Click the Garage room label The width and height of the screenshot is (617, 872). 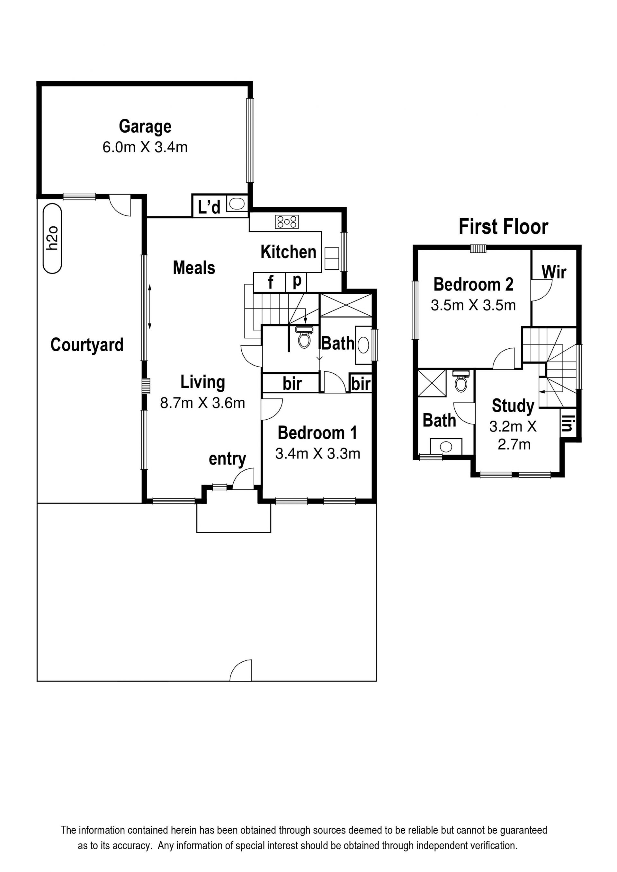(145, 127)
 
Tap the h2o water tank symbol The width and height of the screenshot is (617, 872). (52, 238)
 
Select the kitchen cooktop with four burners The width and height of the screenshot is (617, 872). (287, 222)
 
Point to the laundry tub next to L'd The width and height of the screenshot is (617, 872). (237, 204)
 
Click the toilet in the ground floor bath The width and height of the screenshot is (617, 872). (304, 338)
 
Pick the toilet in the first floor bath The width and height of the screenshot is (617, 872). (461, 381)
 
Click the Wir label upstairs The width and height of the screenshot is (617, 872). (554, 272)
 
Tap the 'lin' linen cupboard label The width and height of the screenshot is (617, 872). (567, 423)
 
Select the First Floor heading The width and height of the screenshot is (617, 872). (503, 227)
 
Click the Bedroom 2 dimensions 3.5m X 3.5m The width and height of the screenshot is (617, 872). (473, 305)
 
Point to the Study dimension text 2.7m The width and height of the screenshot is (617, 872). (514, 444)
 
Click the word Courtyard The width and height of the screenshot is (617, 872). (87, 345)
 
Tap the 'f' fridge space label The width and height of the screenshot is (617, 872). (270, 282)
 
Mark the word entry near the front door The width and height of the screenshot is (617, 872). (227, 459)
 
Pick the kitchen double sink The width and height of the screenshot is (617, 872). (332, 259)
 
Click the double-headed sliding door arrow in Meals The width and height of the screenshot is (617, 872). (150, 307)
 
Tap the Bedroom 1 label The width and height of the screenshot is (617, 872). (317, 433)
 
